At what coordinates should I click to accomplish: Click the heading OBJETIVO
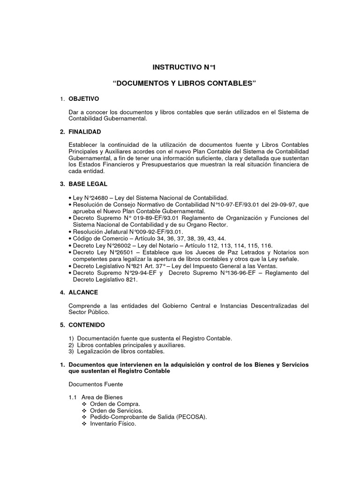84,99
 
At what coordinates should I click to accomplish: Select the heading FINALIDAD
85,132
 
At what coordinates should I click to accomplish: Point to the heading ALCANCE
83,292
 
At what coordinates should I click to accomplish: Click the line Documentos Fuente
96,384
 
